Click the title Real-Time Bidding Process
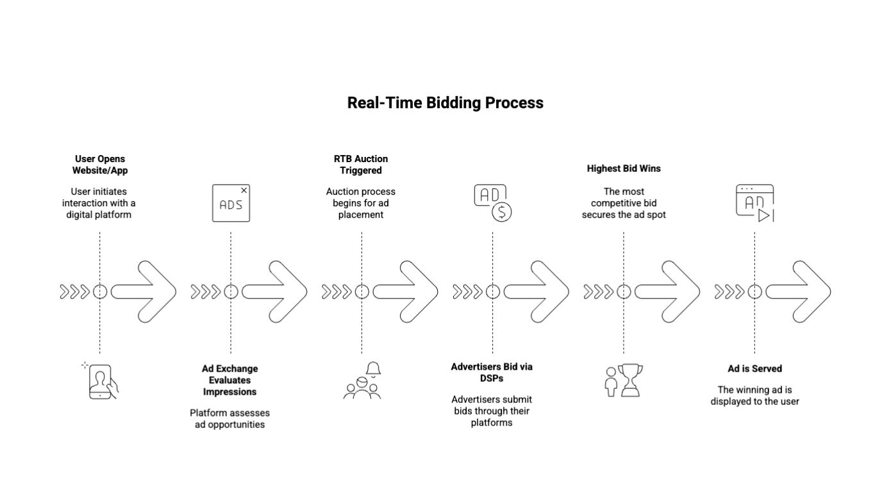(445, 103)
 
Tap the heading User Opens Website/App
(100, 165)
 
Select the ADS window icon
(231, 203)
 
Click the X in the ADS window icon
(244, 190)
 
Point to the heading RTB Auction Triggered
(361, 165)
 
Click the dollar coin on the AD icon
(501, 212)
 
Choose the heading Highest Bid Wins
(624, 168)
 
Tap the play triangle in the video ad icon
(763, 215)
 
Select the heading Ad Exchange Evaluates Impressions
(230, 380)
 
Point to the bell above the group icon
(373, 369)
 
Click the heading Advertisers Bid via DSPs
(492, 372)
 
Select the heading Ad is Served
(754, 368)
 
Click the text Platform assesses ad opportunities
(229, 418)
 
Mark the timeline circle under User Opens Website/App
(100, 292)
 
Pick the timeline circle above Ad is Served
(754, 292)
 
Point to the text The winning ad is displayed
(754, 395)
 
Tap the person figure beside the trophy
(611, 382)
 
